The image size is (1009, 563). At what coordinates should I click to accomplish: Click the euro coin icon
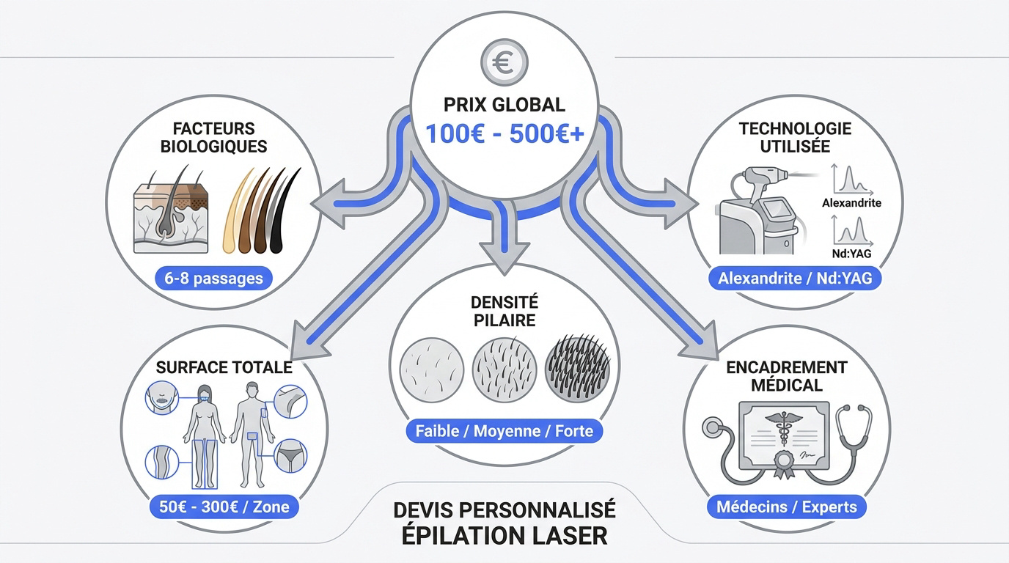coord(504,62)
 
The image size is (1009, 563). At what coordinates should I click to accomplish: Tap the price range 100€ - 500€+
coord(504,133)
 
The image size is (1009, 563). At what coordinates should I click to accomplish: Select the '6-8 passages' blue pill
coord(213,279)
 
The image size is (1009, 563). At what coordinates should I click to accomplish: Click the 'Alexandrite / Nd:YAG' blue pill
coord(795,278)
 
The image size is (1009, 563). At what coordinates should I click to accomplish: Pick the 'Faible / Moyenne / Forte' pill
coord(504,431)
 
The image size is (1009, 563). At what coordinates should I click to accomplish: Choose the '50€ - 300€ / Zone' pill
coord(224,507)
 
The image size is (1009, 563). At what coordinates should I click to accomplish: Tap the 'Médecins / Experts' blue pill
coord(787,507)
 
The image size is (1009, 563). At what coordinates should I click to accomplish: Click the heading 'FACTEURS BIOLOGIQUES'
coord(213,137)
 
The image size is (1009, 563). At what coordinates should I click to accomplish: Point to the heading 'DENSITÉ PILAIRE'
coord(504,312)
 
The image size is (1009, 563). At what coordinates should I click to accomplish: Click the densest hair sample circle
coord(578,369)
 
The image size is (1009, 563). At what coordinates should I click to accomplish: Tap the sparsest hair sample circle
coord(431,369)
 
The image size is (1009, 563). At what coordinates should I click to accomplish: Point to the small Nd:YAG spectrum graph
coord(852,231)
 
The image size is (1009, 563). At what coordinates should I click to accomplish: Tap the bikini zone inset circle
coord(290,456)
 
